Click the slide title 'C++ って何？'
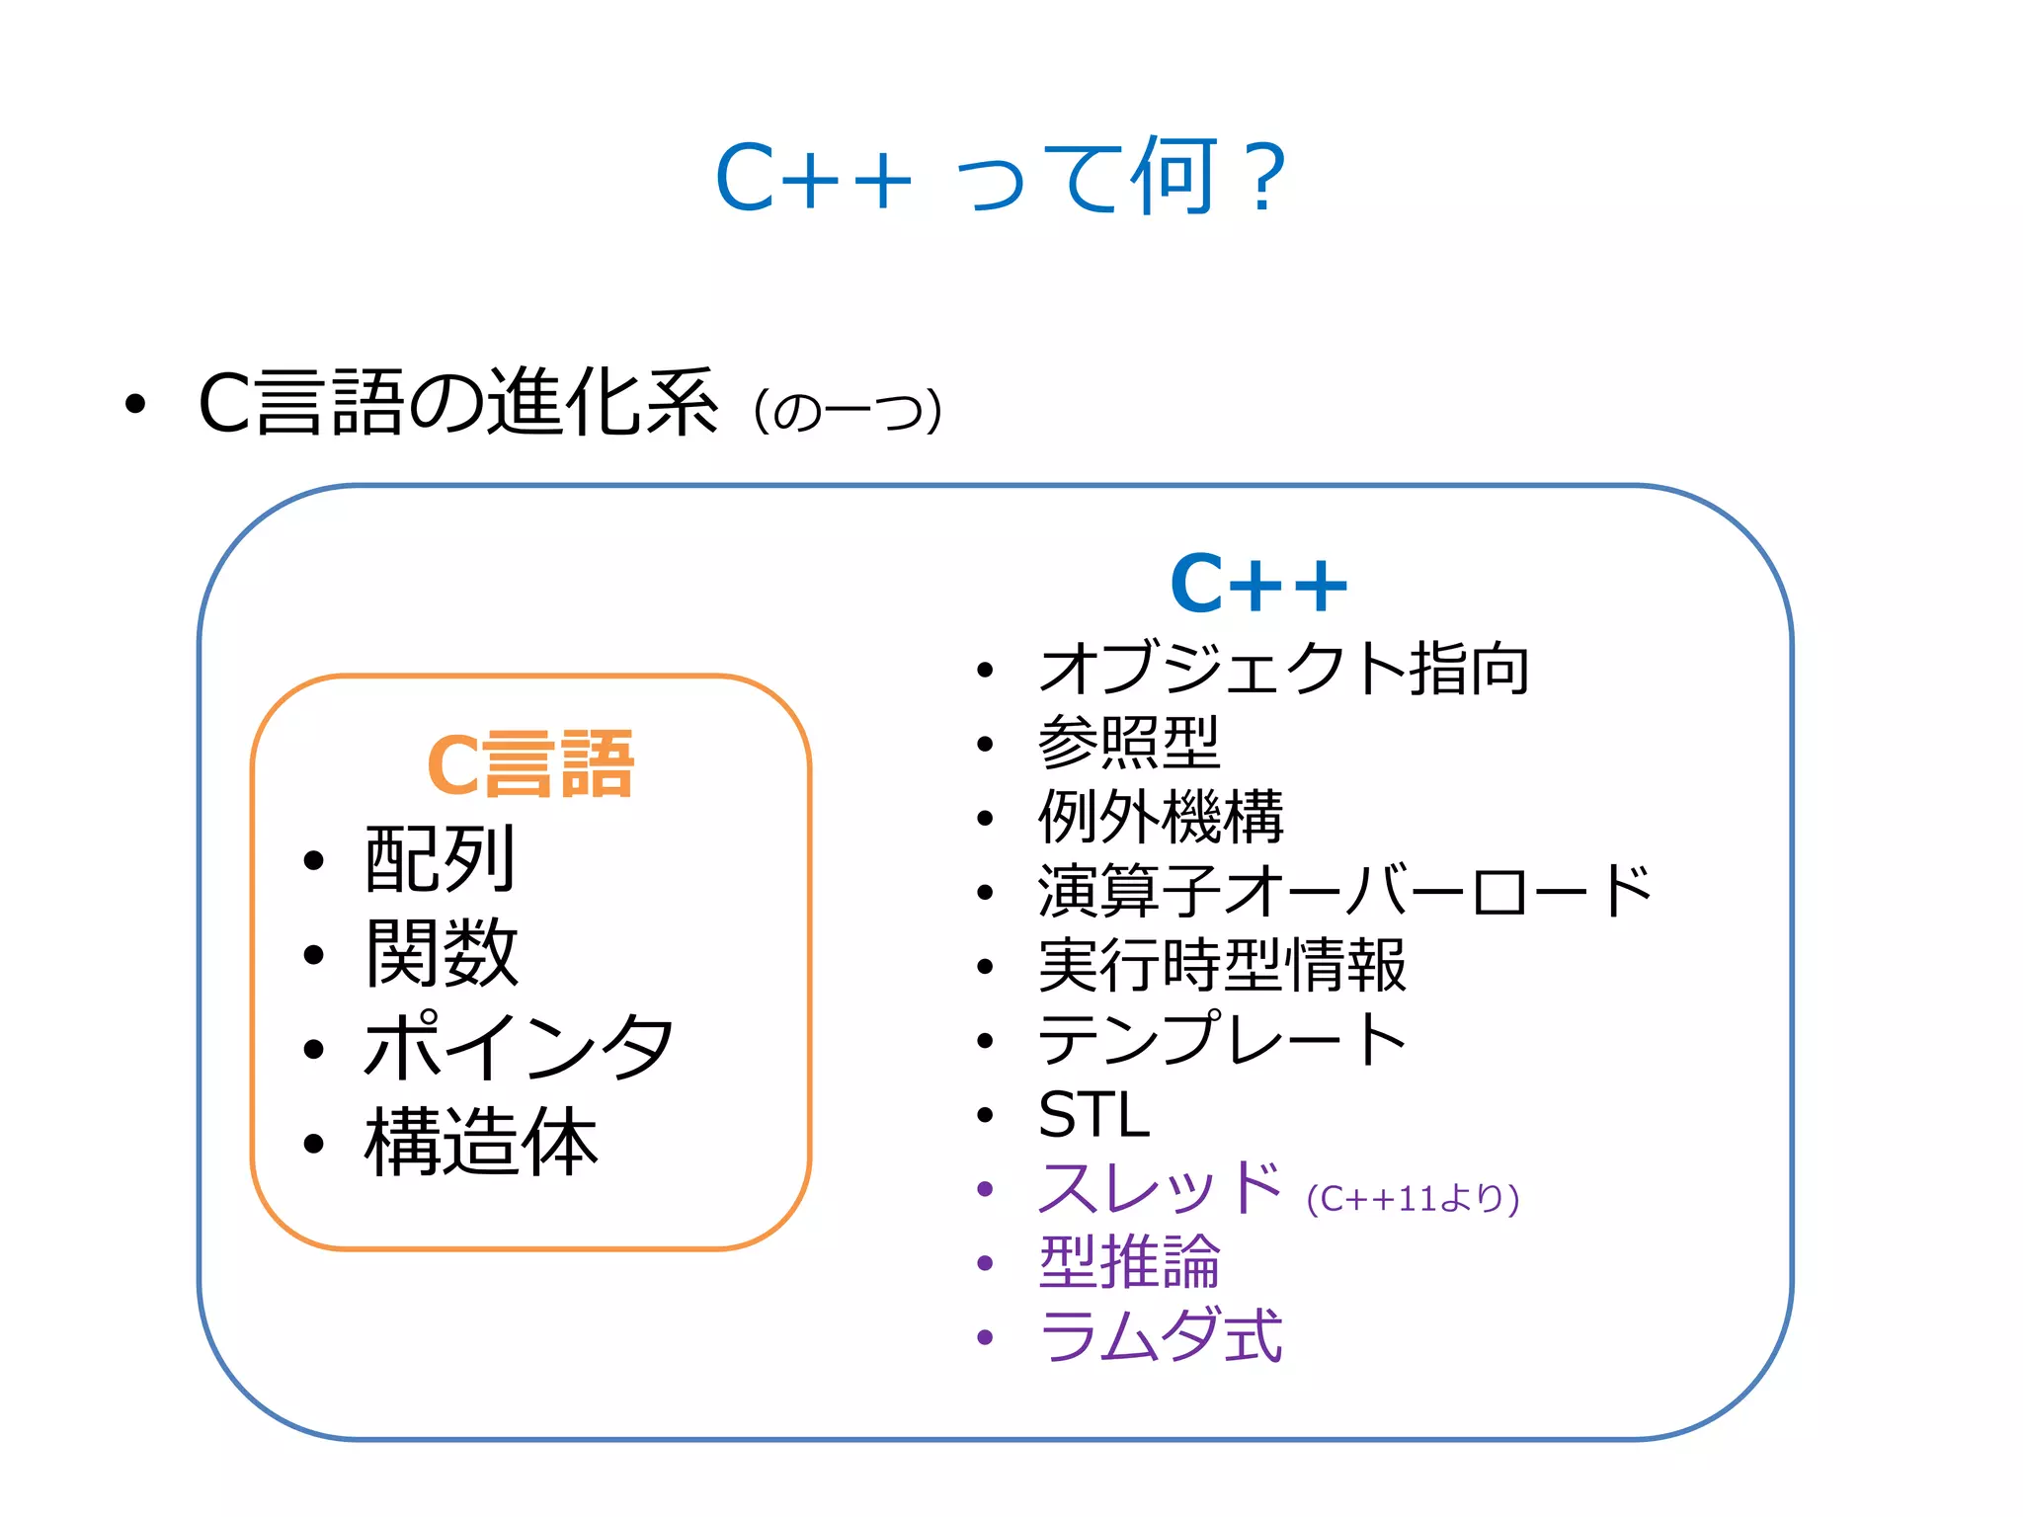point(1001,178)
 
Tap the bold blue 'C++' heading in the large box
point(1258,584)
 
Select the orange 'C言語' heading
point(530,764)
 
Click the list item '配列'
point(441,858)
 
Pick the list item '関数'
point(442,952)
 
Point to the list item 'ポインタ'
point(519,1047)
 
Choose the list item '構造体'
point(481,1142)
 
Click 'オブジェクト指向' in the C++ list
point(1284,669)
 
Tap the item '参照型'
point(1129,743)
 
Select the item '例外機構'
point(1161,817)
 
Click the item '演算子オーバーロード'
point(1344,891)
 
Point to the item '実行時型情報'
point(1222,965)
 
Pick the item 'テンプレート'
point(1222,1039)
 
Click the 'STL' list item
point(1094,1115)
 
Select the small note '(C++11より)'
point(1413,1199)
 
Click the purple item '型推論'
point(1129,1262)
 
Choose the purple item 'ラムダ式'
point(1160,1336)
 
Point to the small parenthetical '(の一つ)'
point(848,411)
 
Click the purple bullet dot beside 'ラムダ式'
point(984,1337)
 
